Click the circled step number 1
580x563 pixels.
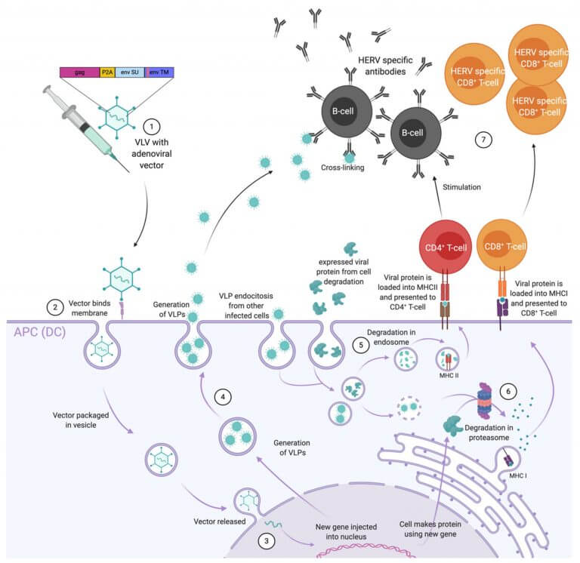pyautogui.click(x=151, y=127)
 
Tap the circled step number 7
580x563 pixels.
pyautogui.click(x=483, y=140)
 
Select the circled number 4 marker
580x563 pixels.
pyautogui.click(x=223, y=397)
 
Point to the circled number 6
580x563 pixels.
pyautogui.click(x=507, y=391)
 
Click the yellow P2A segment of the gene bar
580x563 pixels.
pyautogui.click(x=107, y=72)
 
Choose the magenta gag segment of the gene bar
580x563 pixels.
pyautogui.click(x=79, y=72)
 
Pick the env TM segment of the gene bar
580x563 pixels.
pyautogui.click(x=159, y=72)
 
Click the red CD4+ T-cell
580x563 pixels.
pyautogui.click(x=446, y=247)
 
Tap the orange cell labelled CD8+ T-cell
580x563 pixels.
pyautogui.click(x=502, y=245)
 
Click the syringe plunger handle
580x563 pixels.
pyautogui.click(x=48, y=91)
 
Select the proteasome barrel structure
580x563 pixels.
pyautogui.click(x=484, y=401)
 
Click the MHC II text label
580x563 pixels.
pyautogui.click(x=449, y=376)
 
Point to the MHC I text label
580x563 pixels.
pyautogui.click(x=518, y=475)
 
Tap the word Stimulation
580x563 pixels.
pyautogui.click(x=461, y=187)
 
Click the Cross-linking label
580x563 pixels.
pyautogui.click(x=343, y=168)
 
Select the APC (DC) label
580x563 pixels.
pyautogui.click(x=39, y=332)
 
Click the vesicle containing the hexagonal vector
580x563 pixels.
pyautogui.click(x=162, y=460)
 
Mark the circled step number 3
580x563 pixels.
pyautogui.click(x=267, y=541)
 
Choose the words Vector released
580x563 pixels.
pyautogui.click(x=219, y=521)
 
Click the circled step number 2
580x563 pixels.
pyautogui.click(x=54, y=307)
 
